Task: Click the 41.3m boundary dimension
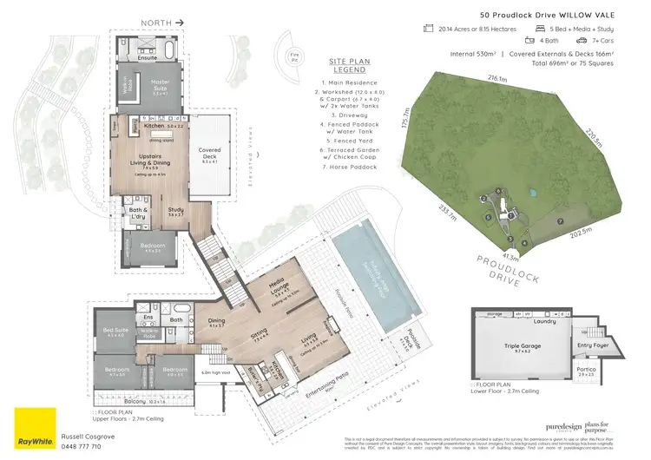(x=510, y=257)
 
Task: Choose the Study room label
(x=176, y=209)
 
